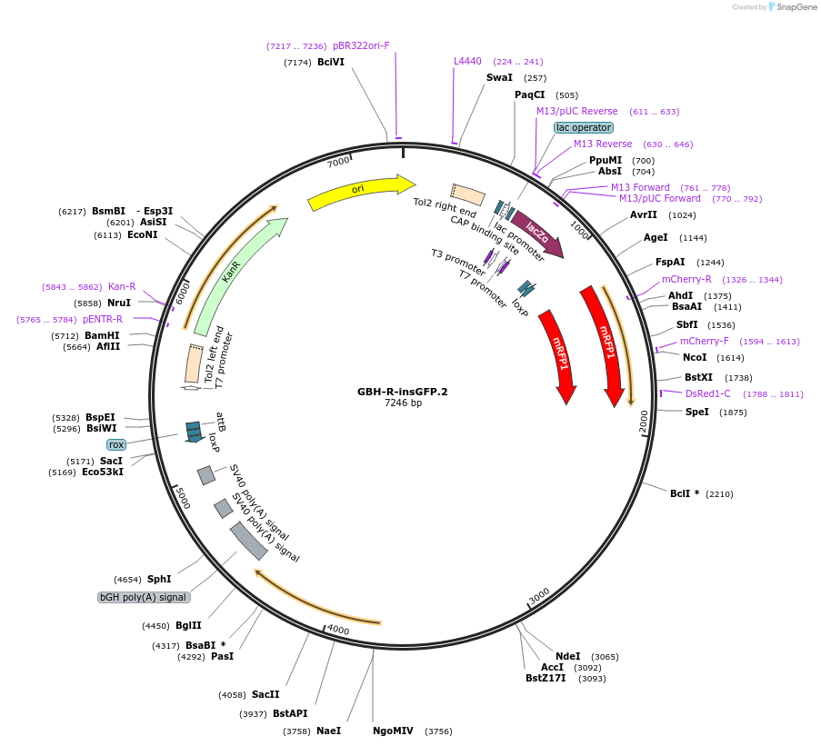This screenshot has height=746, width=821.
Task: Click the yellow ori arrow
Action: [x=360, y=190]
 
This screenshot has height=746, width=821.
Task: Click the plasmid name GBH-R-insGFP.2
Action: [x=402, y=392]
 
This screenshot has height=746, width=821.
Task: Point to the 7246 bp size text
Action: [x=402, y=403]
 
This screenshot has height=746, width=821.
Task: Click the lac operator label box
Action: [x=584, y=127]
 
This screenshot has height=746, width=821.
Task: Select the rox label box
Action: [x=115, y=444]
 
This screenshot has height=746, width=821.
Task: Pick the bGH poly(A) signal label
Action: [x=144, y=597]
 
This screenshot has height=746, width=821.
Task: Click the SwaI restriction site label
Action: [x=499, y=78]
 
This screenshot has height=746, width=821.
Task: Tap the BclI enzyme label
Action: [x=684, y=493]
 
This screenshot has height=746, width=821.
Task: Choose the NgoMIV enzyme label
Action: [x=393, y=731]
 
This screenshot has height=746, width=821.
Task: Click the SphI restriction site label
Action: [x=159, y=579]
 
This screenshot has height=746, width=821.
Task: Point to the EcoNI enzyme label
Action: [x=143, y=234]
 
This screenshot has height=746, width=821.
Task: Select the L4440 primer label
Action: [x=467, y=62]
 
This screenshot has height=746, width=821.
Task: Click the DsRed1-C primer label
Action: [x=707, y=393]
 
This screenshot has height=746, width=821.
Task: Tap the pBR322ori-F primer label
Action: [x=361, y=45]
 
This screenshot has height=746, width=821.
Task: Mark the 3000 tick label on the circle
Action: [x=539, y=595]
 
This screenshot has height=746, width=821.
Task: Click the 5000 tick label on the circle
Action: [x=183, y=497]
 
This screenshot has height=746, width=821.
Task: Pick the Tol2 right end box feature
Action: [x=467, y=194]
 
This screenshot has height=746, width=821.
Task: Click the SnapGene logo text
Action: [x=795, y=7]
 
